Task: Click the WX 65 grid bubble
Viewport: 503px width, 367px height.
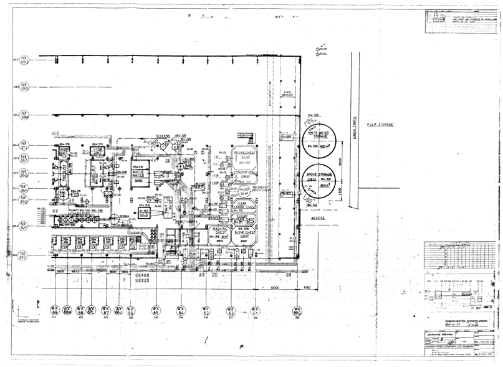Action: [x=156, y=310]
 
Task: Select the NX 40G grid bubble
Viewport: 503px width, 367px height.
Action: [x=24, y=62]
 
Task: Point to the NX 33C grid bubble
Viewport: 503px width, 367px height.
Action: [x=24, y=255]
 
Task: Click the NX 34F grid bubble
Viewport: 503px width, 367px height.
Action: [x=24, y=226]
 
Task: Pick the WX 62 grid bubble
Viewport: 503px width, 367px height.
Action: [x=231, y=310]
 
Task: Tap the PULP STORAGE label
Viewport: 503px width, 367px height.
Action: [x=380, y=125]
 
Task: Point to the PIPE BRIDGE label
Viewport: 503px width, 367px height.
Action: [x=289, y=94]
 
